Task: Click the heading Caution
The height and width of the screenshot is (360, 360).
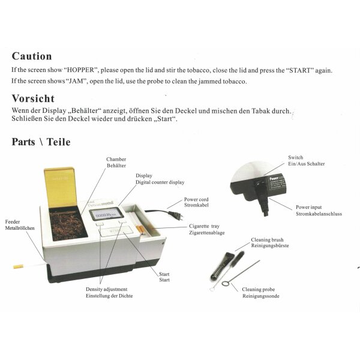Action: [32, 56]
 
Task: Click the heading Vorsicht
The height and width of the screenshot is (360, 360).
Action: [33, 98]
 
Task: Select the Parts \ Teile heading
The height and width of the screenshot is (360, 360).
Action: [41, 142]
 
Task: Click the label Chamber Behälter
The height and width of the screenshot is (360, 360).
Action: [116, 161]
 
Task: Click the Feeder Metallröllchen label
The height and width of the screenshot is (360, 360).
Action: [19, 225]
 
